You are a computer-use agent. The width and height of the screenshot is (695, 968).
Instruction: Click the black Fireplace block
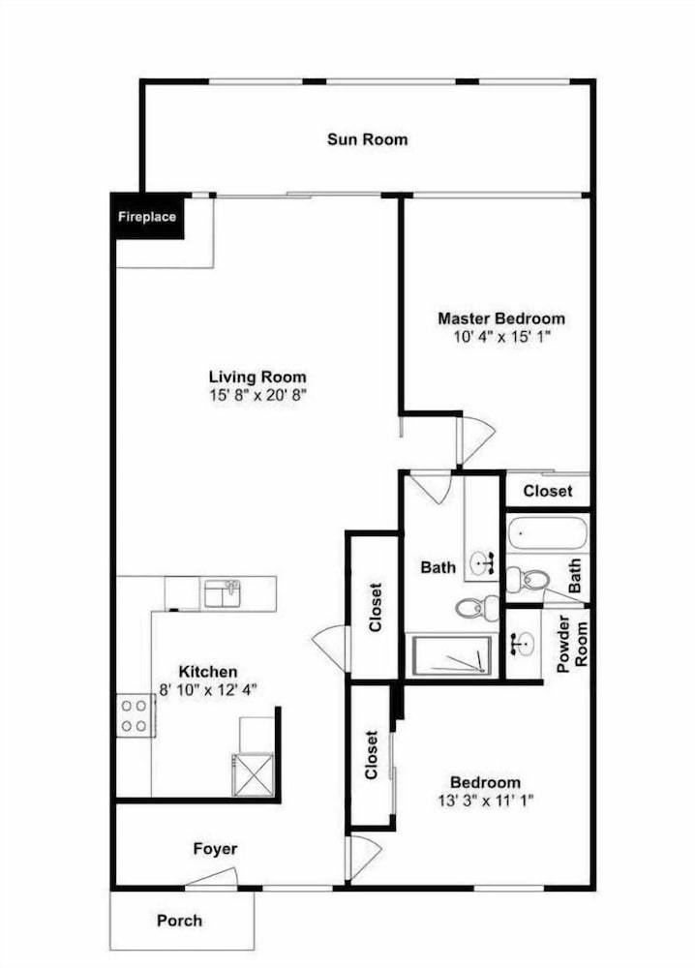pos(147,216)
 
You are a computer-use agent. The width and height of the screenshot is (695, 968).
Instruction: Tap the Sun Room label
pos(367,139)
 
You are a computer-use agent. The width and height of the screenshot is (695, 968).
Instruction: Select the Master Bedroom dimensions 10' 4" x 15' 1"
pos(501,337)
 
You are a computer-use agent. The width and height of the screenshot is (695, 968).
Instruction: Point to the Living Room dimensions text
pos(257,395)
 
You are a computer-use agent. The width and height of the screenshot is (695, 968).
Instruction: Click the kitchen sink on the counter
pos(223,594)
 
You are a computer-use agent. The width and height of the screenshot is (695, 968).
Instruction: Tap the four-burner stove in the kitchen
pos(136,715)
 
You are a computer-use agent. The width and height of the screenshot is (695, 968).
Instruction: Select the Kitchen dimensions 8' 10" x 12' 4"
pos(208,689)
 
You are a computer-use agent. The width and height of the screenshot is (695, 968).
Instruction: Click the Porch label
pos(180,921)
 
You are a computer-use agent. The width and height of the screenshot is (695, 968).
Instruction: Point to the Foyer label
pos(216,849)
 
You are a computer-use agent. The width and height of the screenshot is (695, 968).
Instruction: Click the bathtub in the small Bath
pos(547,532)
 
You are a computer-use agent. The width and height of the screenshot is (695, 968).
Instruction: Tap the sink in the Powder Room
pos(522,645)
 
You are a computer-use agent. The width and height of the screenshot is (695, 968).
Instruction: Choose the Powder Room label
pos(572,644)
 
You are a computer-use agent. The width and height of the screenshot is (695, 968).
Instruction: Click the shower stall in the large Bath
pos(452,655)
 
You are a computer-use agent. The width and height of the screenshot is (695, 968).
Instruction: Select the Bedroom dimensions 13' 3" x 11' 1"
pos(486,801)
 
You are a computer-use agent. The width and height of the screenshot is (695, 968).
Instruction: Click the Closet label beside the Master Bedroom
pos(548,491)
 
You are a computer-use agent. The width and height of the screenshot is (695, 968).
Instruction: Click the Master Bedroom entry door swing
pos(475,439)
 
